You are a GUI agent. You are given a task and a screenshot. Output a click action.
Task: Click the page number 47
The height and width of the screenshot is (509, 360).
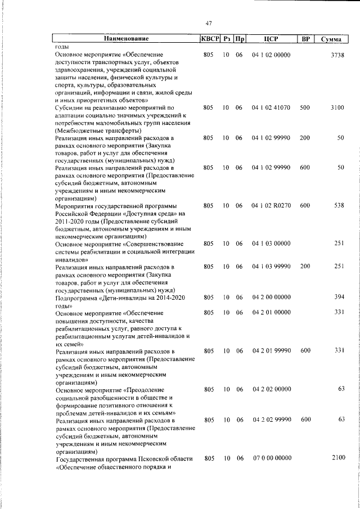(208, 23)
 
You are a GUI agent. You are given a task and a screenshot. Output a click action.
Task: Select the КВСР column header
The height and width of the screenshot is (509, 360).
(209, 39)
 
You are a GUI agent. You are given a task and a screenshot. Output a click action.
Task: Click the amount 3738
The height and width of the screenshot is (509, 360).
(337, 55)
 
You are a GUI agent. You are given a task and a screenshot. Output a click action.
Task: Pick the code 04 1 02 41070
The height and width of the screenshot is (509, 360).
(272, 107)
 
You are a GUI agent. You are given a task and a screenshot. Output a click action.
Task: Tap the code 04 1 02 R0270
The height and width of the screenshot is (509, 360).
(272, 206)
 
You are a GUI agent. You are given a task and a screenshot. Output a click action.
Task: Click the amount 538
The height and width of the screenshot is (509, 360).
(339, 206)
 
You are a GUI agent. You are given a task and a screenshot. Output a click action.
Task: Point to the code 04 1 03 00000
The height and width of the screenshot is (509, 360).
(272, 244)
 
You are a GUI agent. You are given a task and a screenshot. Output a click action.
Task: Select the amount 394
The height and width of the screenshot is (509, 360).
(339, 297)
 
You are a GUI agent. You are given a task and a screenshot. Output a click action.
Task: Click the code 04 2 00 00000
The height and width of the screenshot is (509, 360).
(272, 297)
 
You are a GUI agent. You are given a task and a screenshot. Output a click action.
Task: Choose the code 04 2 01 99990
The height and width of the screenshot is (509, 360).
(272, 350)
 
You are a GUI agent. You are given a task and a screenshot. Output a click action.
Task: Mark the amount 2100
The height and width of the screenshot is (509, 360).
(337, 458)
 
